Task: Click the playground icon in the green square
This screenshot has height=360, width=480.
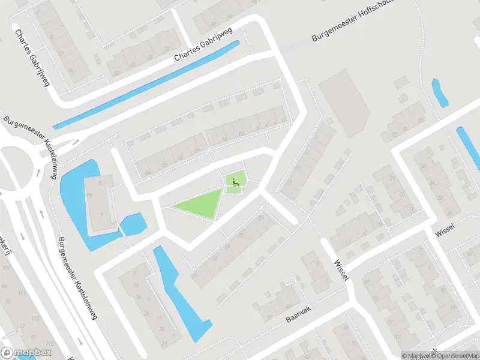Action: pos(235,180)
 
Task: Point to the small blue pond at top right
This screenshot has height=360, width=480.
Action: pos(439,93)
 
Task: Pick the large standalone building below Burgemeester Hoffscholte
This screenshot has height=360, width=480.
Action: pos(345,102)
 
